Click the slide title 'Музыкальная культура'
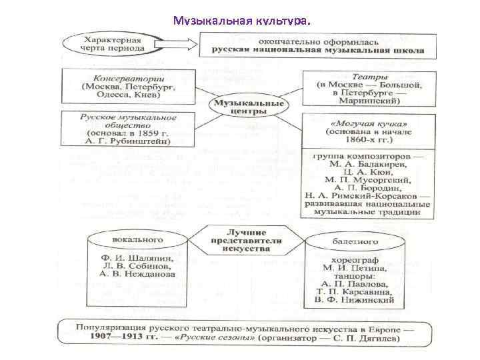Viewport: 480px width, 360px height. coord(241,22)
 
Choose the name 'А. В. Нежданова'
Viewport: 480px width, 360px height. coord(137,274)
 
